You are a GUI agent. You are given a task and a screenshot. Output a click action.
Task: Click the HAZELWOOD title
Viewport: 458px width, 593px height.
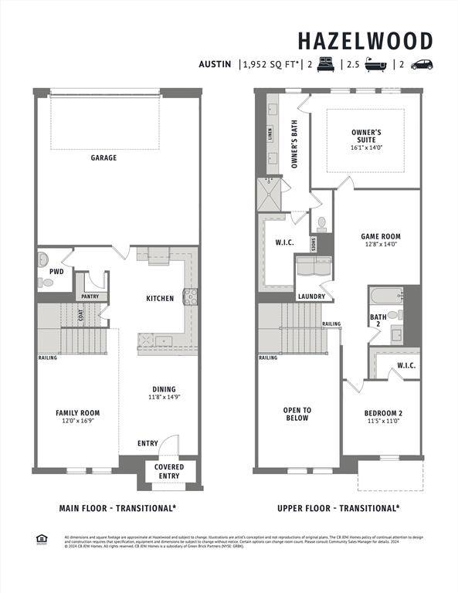[x=365, y=41]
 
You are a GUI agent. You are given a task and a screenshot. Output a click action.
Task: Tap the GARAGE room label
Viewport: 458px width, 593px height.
[x=103, y=158]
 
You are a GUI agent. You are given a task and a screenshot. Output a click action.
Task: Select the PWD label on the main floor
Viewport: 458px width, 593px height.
[x=56, y=272]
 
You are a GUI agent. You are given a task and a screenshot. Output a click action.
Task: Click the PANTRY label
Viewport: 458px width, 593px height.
[x=90, y=296]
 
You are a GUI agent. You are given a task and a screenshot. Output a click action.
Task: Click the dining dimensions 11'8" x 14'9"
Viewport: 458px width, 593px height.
[x=163, y=398]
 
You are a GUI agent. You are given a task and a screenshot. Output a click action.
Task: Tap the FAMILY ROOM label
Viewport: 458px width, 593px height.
[x=77, y=413]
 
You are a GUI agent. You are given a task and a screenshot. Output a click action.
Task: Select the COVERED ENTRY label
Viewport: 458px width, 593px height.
[x=169, y=471]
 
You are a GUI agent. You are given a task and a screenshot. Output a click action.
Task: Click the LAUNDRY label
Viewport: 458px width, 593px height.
[x=311, y=296]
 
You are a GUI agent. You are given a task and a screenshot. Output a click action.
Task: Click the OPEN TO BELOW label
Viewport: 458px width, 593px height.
[x=297, y=414]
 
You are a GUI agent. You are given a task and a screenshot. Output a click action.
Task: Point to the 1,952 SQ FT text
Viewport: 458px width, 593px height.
[x=271, y=65]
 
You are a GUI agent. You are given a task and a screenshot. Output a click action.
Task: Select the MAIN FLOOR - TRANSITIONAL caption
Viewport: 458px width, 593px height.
[x=117, y=508]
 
